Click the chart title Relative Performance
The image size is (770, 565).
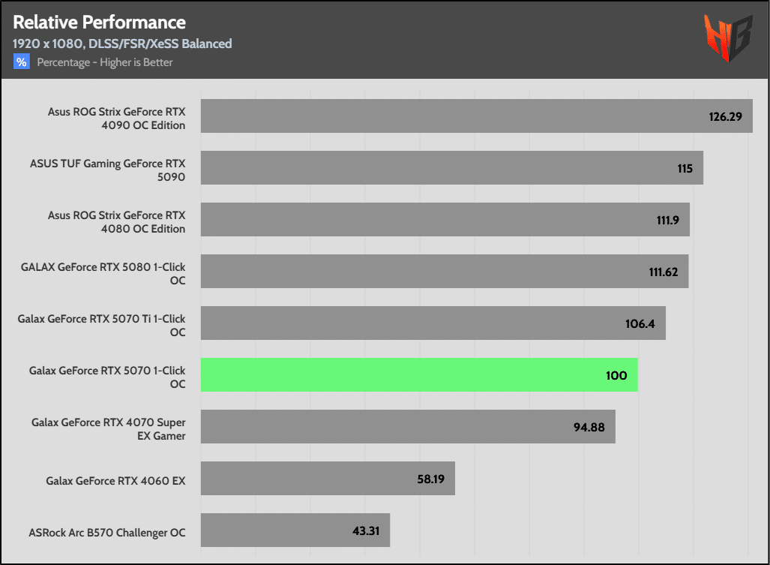99,23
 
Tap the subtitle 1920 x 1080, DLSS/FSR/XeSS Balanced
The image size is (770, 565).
122,44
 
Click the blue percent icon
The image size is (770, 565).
21,62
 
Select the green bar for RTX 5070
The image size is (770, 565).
418,374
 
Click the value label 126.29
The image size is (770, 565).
725,116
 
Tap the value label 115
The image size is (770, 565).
685,168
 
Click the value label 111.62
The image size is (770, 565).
663,272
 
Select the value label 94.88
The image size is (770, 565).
589,427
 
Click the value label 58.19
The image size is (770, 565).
430,479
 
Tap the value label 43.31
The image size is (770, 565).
365,530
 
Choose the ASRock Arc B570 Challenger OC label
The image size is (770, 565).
107,533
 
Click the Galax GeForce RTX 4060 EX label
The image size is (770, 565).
115,481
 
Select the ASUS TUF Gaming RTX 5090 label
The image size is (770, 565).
107,170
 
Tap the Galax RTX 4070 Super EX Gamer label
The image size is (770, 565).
108,429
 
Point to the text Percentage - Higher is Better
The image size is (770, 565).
105,62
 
